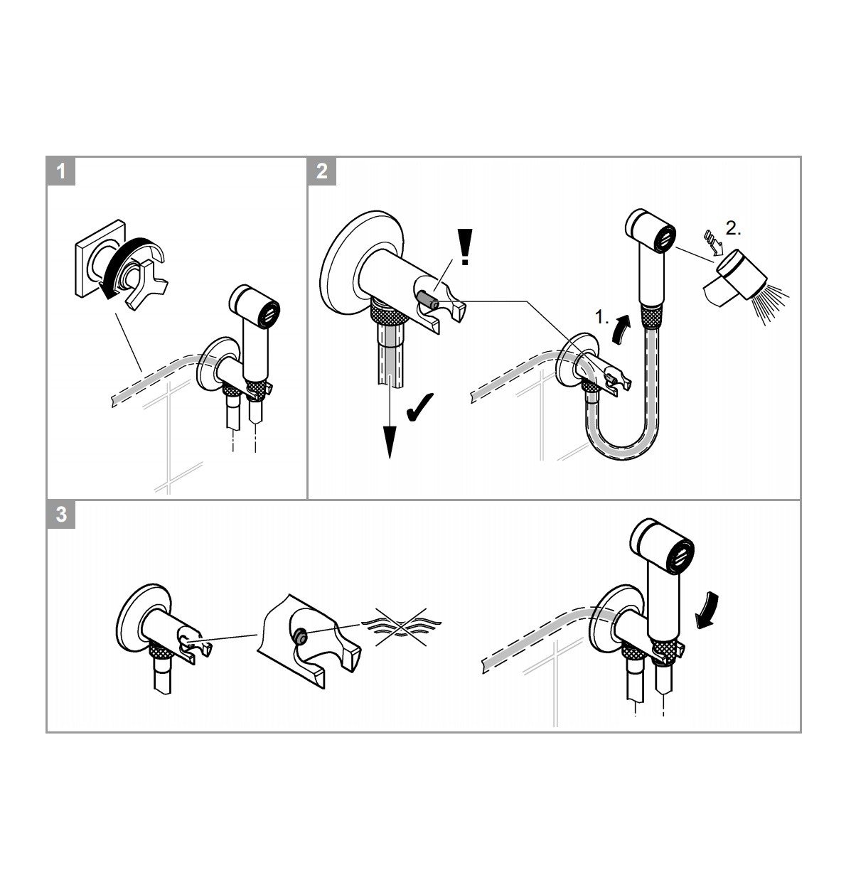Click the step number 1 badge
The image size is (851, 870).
tap(61, 171)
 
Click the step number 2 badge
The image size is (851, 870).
tap(321, 171)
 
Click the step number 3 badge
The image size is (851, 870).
tap(61, 514)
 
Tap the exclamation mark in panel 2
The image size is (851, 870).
tap(465, 247)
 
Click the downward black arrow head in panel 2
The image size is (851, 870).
tap(388, 444)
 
